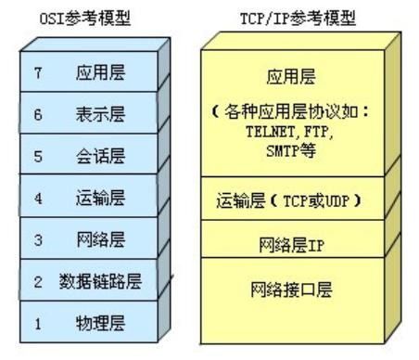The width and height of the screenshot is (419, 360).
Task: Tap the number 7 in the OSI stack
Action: click(x=38, y=73)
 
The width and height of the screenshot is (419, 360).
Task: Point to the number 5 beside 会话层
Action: click(x=38, y=156)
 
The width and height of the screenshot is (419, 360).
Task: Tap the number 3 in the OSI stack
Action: click(x=38, y=239)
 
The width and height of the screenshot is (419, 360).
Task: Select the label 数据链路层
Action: click(x=100, y=281)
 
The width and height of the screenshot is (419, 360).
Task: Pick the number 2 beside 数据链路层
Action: click(x=38, y=281)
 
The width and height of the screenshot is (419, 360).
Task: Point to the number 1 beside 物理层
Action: click(x=38, y=322)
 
